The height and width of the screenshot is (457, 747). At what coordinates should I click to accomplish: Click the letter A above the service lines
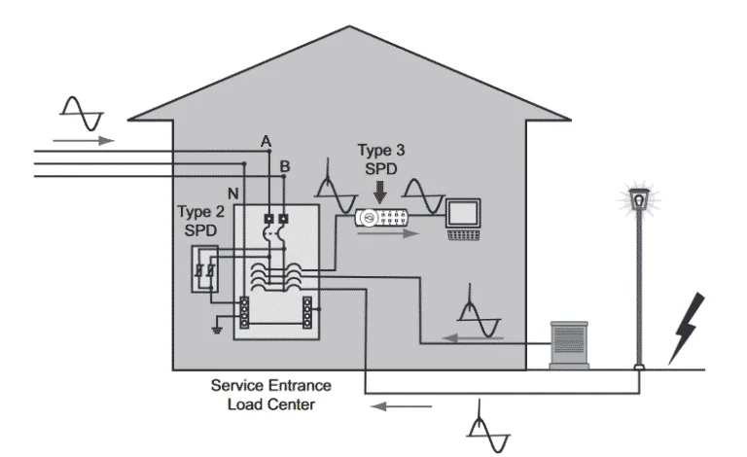(x=266, y=143)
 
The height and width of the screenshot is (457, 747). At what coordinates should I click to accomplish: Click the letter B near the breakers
(x=284, y=167)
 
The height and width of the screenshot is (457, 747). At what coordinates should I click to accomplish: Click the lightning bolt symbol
(x=686, y=330)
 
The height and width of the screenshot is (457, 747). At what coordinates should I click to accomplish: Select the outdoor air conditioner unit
(x=572, y=342)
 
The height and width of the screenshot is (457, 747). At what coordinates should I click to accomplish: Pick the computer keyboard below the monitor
(x=463, y=233)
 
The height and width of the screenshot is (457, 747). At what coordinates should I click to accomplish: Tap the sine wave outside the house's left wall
(x=81, y=114)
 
